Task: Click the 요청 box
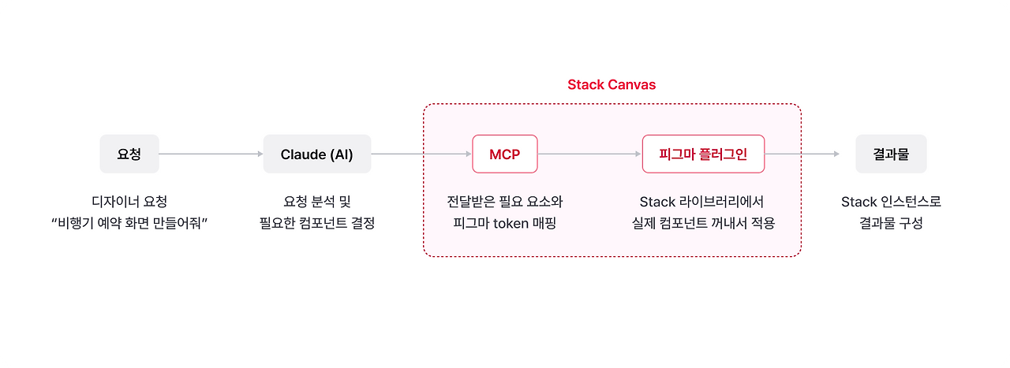click(x=129, y=154)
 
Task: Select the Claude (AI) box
click(x=316, y=154)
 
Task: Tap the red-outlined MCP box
click(x=504, y=154)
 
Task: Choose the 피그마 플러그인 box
click(x=703, y=154)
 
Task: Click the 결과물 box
click(x=891, y=154)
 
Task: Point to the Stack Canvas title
click(x=612, y=85)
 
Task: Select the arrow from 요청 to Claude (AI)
click(x=211, y=154)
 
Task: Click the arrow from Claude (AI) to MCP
click(x=421, y=154)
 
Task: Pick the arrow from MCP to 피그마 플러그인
click(x=589, y=154)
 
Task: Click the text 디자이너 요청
click(x=129, y=202)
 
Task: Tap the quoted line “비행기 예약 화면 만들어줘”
click(x=129, y=223)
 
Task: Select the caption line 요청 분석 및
click(x=316, y=202)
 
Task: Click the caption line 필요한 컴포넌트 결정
click(x=316, y=223)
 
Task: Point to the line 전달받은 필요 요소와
click(x=504, y=202)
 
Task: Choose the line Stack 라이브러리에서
click(x=702, y=202)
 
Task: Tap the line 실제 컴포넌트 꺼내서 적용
click(x=702, y=223)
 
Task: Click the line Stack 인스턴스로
click(x=891, y=202)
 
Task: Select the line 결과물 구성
click(x=891, y=223)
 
